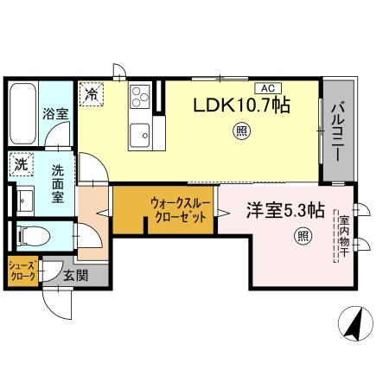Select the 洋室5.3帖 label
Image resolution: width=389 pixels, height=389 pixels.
[x=286, y=211]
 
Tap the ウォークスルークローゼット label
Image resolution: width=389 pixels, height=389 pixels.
[x=178, y=210]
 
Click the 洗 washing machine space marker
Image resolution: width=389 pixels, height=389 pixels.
[x=20, y=163]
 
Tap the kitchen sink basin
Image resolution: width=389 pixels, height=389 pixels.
[x=140, y=133]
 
